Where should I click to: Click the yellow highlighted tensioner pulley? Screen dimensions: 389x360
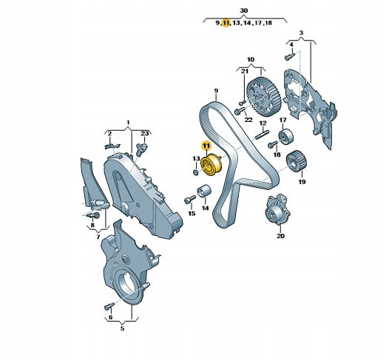[212, 165]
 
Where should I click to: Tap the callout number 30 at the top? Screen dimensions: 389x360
[244, 10]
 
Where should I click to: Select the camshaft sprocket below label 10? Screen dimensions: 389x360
[264, 97]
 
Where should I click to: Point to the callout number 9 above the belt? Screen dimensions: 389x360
[216, 91]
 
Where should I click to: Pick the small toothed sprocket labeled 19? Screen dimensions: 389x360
[297, 161]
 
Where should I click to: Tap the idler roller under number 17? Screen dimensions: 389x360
[285, 137]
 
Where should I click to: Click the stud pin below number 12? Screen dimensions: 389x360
[262, 135]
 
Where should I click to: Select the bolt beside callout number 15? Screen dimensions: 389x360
[190, 199]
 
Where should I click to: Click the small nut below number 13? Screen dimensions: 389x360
[196, 171]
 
